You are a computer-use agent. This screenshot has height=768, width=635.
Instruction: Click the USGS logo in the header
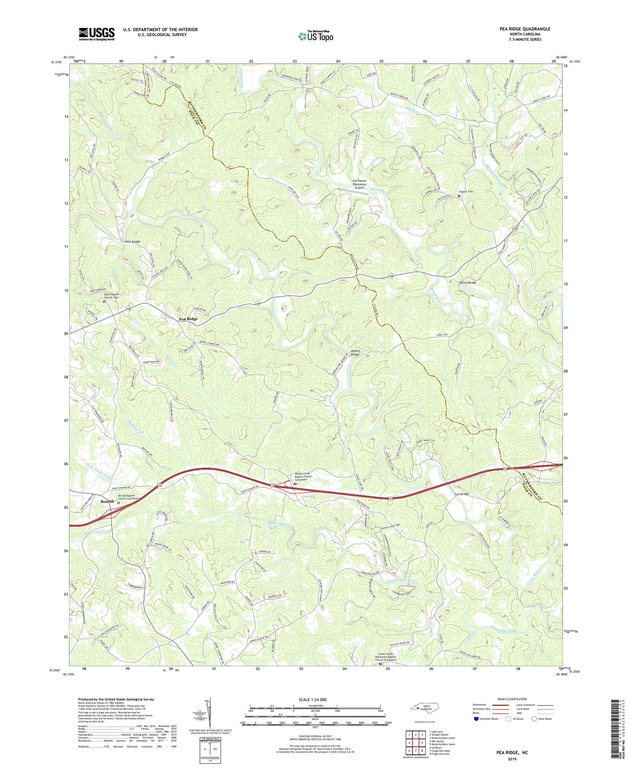point(97,34)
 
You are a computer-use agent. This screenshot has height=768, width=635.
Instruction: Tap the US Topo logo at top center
point(316,36)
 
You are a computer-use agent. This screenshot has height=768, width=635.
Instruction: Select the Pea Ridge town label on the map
point(188,319)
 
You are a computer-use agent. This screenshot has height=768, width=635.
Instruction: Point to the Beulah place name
point(107,501)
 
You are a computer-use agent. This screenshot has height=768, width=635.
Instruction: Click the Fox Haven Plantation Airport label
point(359,184)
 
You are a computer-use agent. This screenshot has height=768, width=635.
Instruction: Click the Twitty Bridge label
point(468,282)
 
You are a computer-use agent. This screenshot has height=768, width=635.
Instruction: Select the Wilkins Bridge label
point(355,352)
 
